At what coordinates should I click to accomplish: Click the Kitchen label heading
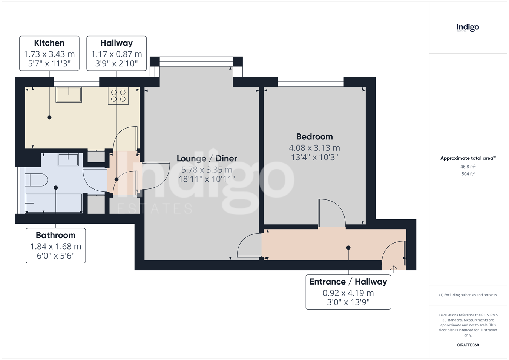pyautogui.click(x=49, y=43)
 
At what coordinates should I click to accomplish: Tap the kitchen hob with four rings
pyautogui.click(x=118, y=96)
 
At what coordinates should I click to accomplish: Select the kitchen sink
pyautogui.click(x=69, y=95)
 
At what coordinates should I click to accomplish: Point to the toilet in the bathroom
pyautogui.click(x=36, y=180)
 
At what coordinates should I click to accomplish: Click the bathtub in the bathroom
pyautogui.click(x=54, y=203)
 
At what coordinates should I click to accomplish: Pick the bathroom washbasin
pyautogui.click(x=68, y=159)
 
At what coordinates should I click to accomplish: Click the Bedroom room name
pyautogui.click(x=314, y=137)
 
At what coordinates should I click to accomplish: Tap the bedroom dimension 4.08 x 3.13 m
pyautogui.click(x=314, y=148)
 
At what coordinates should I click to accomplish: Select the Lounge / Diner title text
pyautogui.click(x=207, y=159)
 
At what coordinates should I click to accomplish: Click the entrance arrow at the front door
pyautogui.click(x=394, y=269)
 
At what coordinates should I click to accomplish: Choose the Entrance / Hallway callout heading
pyautogui.click(x=348, y=282)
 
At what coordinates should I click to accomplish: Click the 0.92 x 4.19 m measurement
pyautogui.click(x=348, y=293)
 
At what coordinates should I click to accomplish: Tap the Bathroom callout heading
pyautogui.click(x=56, y=235)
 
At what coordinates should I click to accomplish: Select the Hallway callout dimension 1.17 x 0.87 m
pyautogui.click(x=117, y=54)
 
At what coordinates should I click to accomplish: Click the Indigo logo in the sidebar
pyautogui.click(x=468, y=28)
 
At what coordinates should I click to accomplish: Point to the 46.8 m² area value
pyautogui.click(x=468, y=167)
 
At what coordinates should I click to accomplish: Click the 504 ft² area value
pyautogui.click(x=468, y=174)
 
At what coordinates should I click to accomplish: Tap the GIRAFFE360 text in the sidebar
pyautogui.click(x=468, y=345)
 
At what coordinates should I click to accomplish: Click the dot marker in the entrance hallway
pyautogui.click(x=348, y=248)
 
